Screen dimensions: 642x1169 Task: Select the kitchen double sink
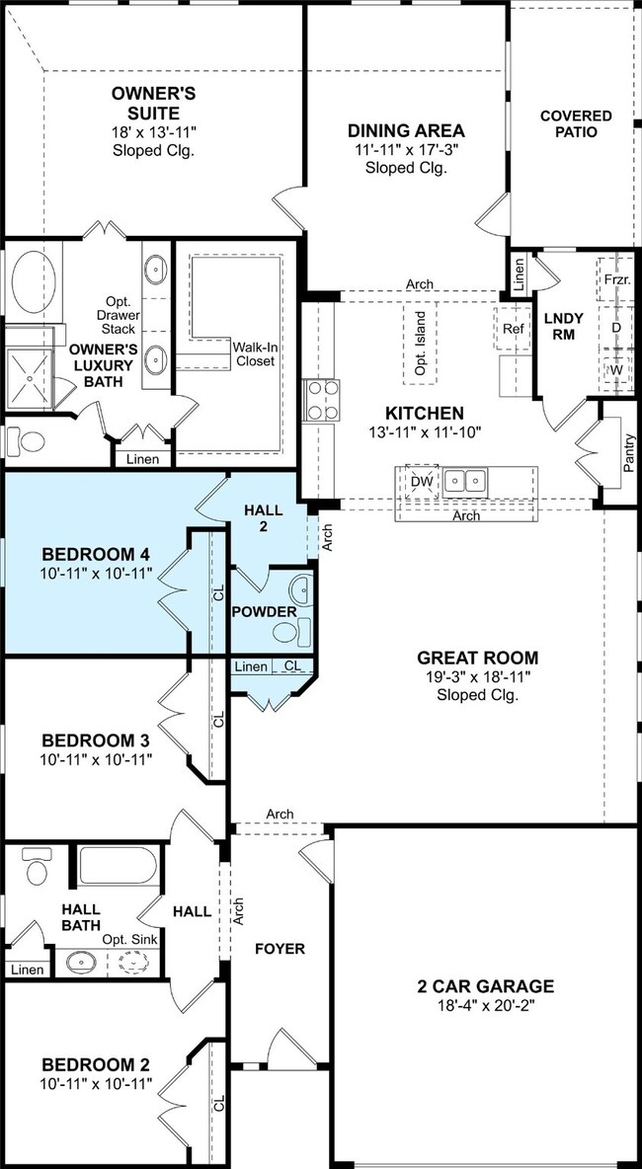pos(465,481)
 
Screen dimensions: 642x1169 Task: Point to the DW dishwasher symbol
pos(421,482)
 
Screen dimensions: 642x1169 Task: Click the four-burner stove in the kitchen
pos(321,400)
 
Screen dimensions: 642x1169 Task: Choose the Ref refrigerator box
pos(514,329)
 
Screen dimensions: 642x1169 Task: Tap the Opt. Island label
pos(420,343)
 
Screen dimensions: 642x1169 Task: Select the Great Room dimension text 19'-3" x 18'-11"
pos(477,677)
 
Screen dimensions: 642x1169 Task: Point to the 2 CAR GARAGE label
pos(485,986)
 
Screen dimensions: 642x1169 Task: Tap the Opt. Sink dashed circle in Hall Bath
pos(131,963)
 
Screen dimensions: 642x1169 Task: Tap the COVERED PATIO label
pos(576,123)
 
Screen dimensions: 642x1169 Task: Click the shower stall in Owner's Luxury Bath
pos(30,379)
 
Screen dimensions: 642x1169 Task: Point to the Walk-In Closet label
pos(254,354)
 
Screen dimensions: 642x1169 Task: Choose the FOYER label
pos(280,949)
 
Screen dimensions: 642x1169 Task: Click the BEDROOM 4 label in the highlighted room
pos(96,555)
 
